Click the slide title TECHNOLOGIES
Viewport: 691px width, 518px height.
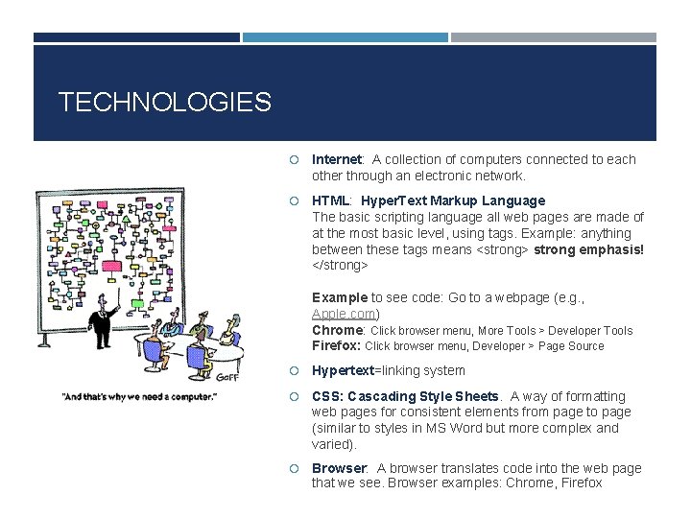point(164,102)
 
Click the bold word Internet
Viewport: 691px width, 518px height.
point(336,160)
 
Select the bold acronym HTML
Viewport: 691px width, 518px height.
point(331,200)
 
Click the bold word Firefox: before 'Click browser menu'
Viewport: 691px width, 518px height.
point(336,346)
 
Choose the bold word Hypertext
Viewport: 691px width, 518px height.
point(343,371)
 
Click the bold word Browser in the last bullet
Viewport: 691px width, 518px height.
point(339,468)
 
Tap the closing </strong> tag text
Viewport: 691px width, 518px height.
point(340,265)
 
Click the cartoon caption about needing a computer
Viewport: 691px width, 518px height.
point(139,395)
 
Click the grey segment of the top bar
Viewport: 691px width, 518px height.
point(554,37)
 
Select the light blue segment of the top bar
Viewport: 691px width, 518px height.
point(345,37)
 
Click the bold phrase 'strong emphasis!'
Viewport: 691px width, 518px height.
point(588,249)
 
